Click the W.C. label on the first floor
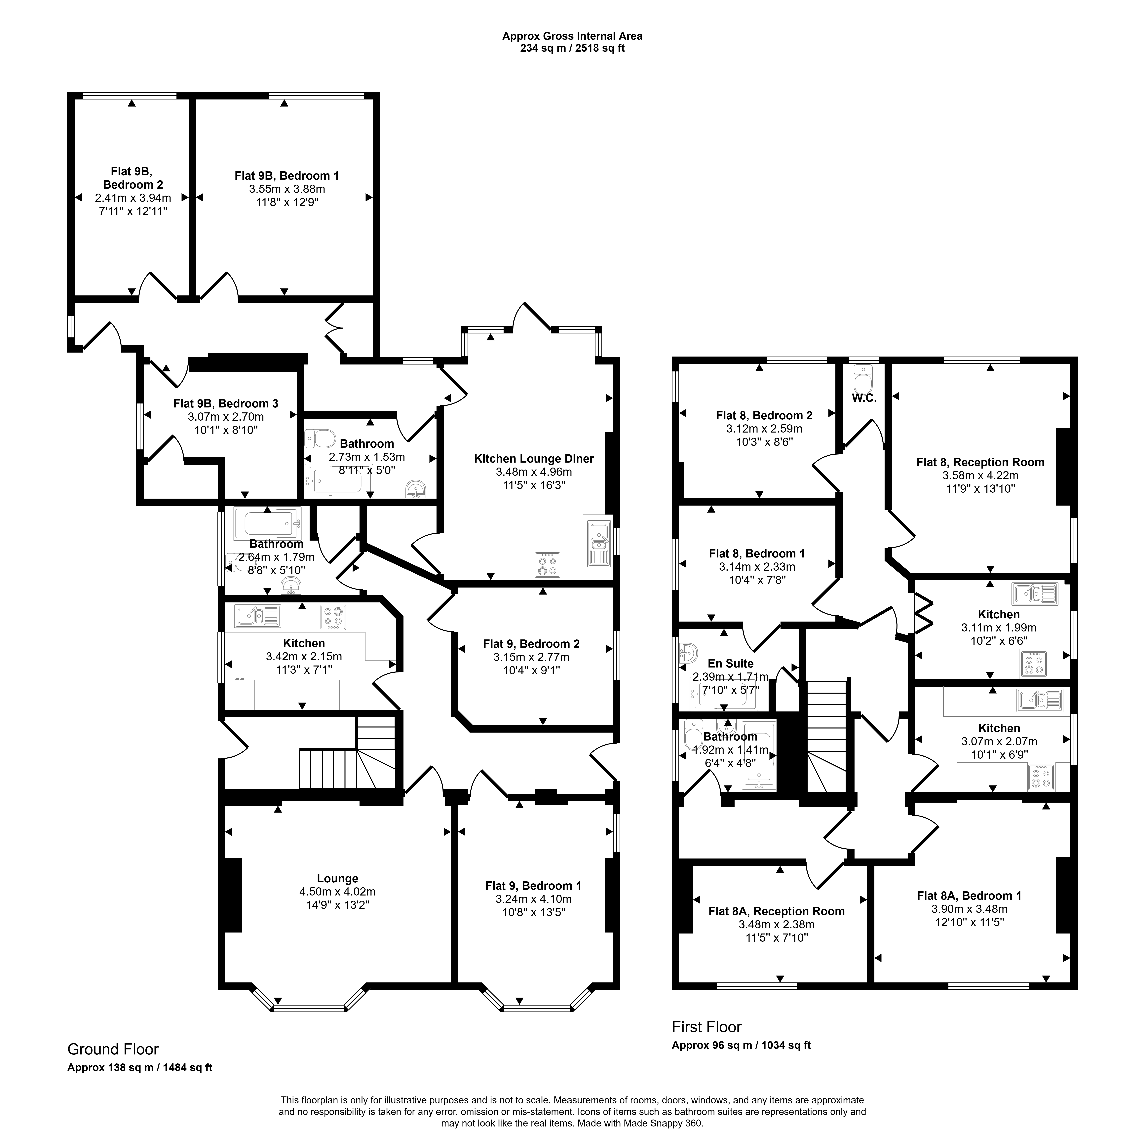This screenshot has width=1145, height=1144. [x=864, y=398]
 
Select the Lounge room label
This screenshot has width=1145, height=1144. [x=337, y=878]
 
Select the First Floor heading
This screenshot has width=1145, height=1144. [x=706, y=1027]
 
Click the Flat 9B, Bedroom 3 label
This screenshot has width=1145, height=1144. [x=226, y=403]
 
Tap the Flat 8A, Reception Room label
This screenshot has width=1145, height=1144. [x=776, y=911]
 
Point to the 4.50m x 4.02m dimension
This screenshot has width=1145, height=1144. [x=337, y=892]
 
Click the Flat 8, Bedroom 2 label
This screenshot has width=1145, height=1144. [x=764, y=415]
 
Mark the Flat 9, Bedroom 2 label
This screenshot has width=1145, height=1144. [x=531, y=644]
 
